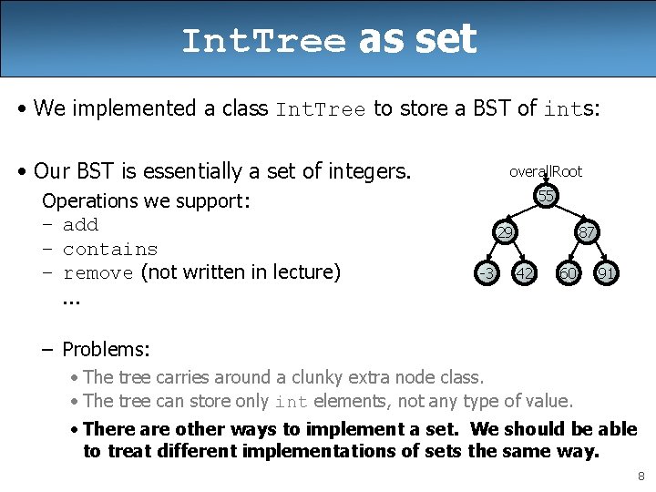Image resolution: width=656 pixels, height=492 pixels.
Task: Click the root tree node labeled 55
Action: click(546, 197)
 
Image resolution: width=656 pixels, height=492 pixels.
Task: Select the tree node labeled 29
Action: click(503, 232)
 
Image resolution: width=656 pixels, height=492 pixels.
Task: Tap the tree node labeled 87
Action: click(587, 232)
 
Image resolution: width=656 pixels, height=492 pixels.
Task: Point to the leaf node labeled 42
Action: click(524, 272)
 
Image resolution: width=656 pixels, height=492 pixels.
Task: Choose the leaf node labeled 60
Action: click(568, 272)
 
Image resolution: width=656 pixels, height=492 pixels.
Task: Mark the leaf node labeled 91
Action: click(605, 272)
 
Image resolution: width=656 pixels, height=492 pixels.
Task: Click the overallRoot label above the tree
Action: click(545, 171)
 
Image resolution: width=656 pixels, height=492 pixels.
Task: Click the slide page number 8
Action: click(641, 476)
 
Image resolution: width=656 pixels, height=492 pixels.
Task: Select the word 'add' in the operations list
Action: click(80, 225)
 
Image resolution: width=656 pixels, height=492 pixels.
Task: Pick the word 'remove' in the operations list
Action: click(98, 272)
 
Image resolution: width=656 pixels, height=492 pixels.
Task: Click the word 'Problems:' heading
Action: click(106, 349)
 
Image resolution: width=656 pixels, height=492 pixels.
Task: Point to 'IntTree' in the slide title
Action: click(263, 41)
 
